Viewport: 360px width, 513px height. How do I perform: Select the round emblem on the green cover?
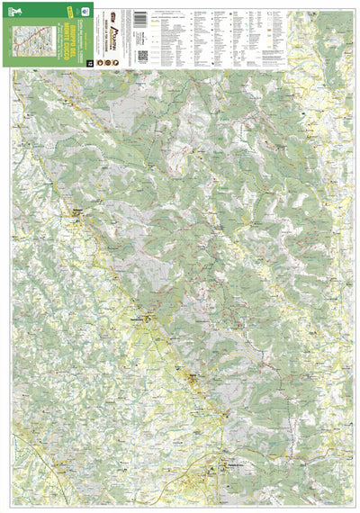[84, 12]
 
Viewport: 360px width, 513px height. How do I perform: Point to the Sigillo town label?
[193, 378]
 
